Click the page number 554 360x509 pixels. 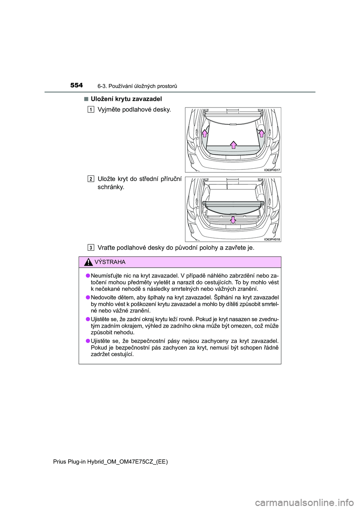tap(76, 85)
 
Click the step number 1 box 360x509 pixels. tap(91, 109)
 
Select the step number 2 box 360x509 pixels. tap(91, 179)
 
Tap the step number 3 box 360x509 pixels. tap(91, 247)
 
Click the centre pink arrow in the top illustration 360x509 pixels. tap(233, 145)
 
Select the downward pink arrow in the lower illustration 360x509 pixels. tap(233, 219)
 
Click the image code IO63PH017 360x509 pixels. tap(272, 170)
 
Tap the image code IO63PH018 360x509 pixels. tap(272, 239)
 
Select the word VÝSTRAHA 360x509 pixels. tap(110, 262)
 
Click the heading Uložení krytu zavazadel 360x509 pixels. tap(126, 99)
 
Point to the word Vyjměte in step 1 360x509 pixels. tap(109, 109)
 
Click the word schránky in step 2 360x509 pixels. tap(110, 187)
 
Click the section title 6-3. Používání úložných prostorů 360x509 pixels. tap(137, 86)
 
